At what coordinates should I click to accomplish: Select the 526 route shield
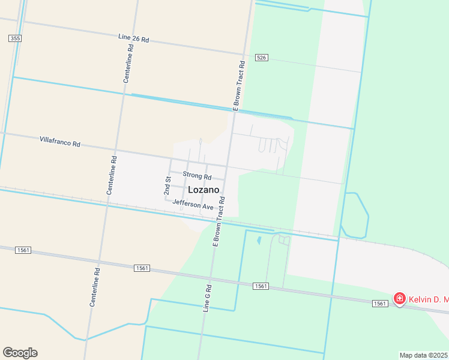coord(261,58)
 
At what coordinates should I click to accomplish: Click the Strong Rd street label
coord(197,177)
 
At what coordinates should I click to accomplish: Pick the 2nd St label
coord(167,185)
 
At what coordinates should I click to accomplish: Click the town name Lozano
coord(203,190)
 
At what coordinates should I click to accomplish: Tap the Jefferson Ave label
coord(193,205)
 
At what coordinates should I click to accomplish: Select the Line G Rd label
coord(207,298)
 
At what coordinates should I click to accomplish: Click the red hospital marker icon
coord(399,298)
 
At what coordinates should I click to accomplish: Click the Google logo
coord(20,353)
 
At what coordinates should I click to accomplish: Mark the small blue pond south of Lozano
coord(259,241)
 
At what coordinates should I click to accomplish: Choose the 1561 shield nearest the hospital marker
coord(379,304)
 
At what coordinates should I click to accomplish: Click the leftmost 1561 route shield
coord(23,250)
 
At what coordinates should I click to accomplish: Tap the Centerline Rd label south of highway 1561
coord(95,287)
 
